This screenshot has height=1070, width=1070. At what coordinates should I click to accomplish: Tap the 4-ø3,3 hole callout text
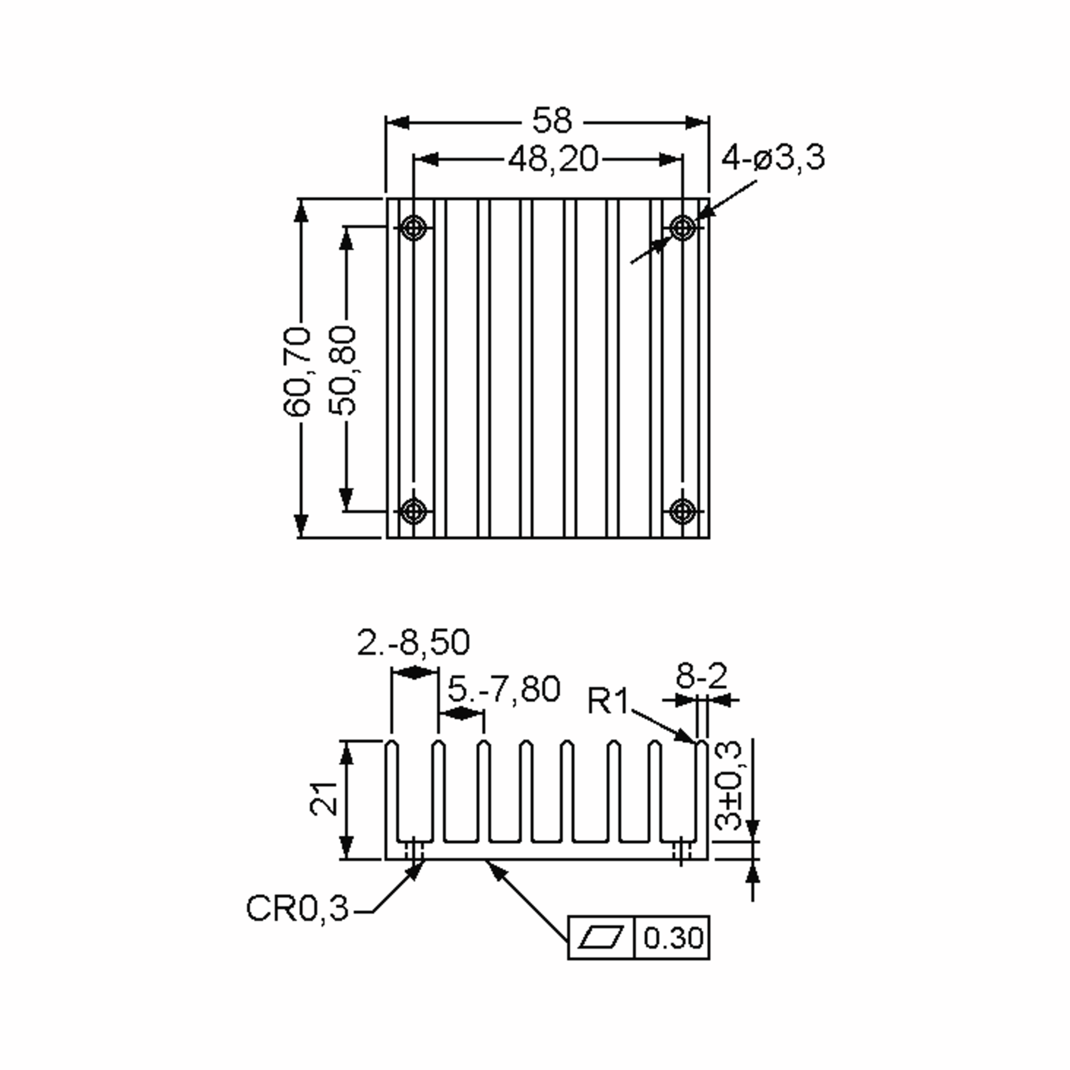pyautogui.click(x=773, y=157)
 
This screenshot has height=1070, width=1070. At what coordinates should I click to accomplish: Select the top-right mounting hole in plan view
pyautogui.click(x=682, y=226)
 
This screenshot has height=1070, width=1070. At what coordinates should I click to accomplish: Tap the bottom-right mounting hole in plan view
pyautogui.click(x=682, y=510)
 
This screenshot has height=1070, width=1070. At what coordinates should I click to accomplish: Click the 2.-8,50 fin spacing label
pyautogui.click(x=413, y=642)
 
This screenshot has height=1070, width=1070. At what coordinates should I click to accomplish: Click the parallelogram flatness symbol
pyautogui.click(x=601, y=938)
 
